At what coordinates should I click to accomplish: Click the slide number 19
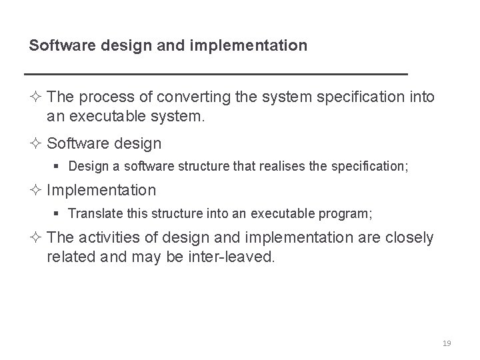447,343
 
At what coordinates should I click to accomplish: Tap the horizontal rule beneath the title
215,73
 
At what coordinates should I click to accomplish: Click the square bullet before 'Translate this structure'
60,213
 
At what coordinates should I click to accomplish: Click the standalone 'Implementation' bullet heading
101,190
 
